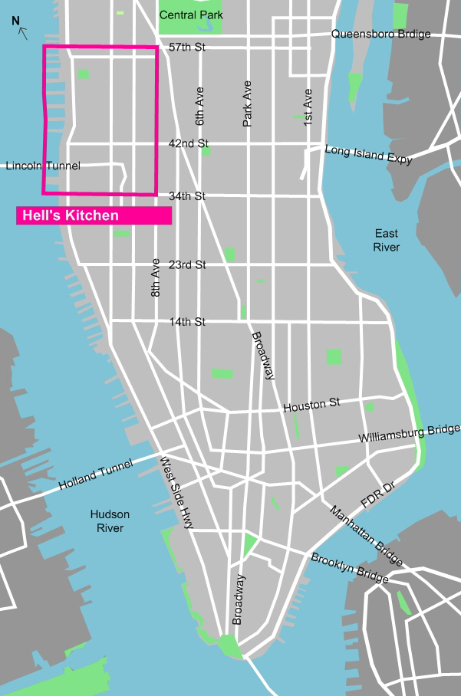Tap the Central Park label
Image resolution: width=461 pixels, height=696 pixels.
pos(189,15)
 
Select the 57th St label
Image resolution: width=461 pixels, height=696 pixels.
pos(188,48)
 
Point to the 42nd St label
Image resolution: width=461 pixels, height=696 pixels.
pos(188,143)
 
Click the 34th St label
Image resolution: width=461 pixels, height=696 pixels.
pos(187,196)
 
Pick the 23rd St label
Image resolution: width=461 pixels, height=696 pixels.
pos(188,264)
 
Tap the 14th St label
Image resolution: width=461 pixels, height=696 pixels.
pos(188,322)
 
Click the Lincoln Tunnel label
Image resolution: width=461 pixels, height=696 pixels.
pos(42,166)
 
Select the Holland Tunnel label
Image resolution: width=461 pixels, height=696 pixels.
pos(96,474)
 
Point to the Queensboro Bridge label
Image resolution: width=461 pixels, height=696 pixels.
pos(380,34)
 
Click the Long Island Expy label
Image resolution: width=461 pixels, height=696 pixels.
pos(368,155)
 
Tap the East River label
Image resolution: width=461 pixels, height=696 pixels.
pos(387,240)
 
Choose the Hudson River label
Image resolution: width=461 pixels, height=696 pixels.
pos(110,521)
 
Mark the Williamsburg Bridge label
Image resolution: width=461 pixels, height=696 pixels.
pos(409,434)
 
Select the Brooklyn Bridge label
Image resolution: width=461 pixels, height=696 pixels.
pos(349,568)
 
